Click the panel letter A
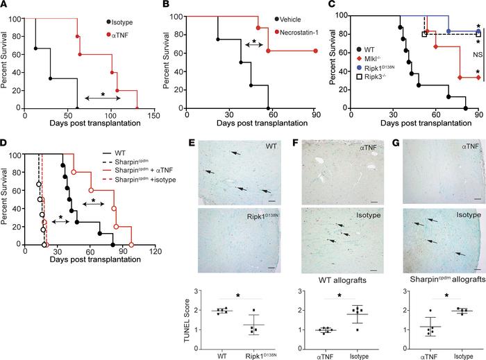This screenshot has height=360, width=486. click(6, 7)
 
